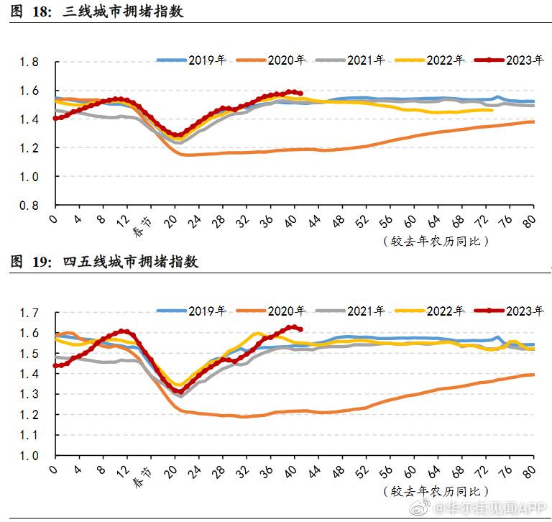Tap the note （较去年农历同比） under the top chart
click(x=436, y=240)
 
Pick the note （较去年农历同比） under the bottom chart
click(x=436, y=491)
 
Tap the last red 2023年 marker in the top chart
click(x=300, y=93)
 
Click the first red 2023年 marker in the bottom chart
click(x=55, y=365)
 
